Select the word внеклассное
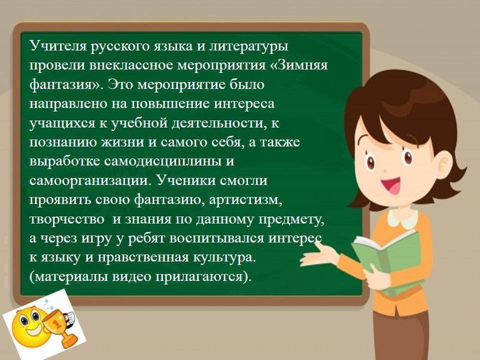click(x=131, y=65)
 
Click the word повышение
click(x=170, y=104)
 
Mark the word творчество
click(x=66, y=219)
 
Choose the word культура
click(x=224, y=258)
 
